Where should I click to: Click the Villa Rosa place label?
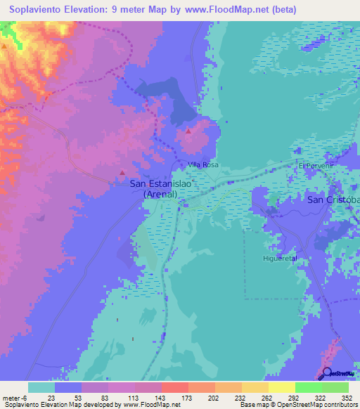[x=202, y=164]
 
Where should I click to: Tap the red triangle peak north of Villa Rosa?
[x=188, y=131]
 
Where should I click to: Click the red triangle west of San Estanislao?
[x=123, y=172]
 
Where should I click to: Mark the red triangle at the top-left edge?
[x=4, y=46]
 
